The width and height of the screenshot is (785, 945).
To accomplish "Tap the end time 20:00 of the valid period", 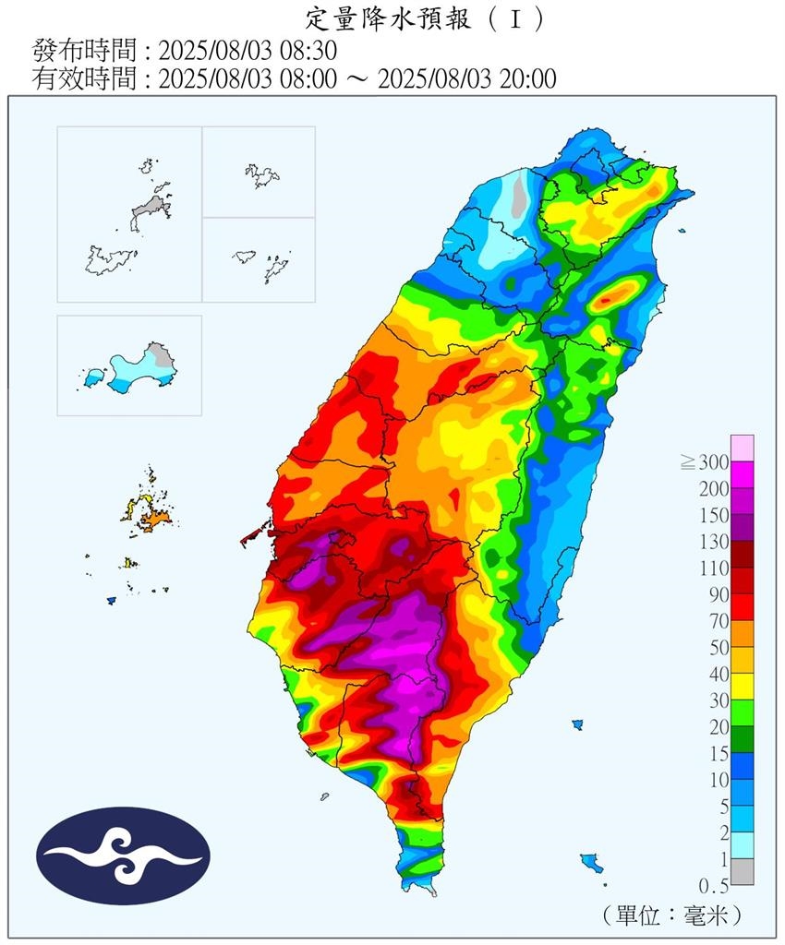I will [527, 79].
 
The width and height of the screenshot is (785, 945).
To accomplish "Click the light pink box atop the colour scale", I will [742, 448].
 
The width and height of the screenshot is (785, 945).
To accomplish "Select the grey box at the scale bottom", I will [742, 872].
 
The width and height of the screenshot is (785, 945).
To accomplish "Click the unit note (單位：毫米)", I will [670, 915].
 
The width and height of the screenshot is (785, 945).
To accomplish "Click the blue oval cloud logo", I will [123, 855].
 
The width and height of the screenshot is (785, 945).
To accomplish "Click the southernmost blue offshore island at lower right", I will [591, 863].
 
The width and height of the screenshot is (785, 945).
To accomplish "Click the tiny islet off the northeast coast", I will [682, 232].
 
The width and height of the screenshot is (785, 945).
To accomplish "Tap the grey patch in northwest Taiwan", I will [519, 197].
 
